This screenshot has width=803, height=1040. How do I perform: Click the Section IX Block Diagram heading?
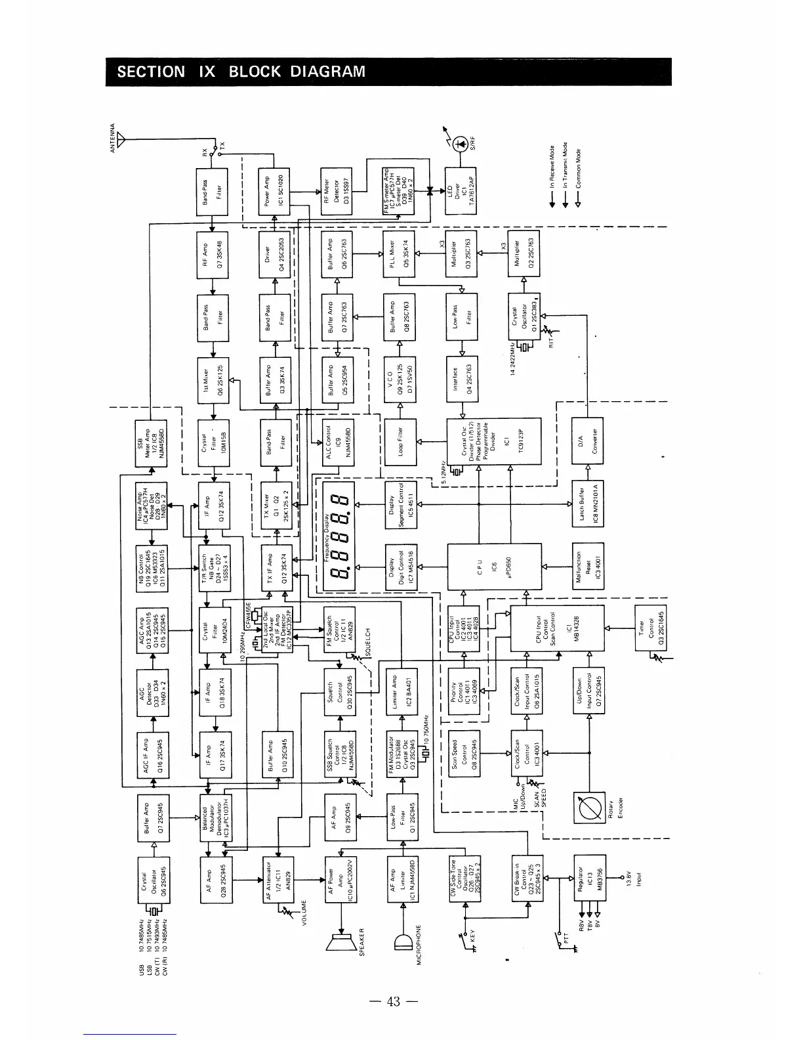241,72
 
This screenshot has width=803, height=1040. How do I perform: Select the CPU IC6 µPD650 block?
495,567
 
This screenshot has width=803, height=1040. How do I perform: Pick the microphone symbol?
402,943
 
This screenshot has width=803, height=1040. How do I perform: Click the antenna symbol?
121,140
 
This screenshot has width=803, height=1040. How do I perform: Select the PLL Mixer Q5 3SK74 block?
400,254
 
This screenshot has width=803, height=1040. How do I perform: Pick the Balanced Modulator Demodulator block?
216,816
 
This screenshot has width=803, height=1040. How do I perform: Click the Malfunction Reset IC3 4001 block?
588,567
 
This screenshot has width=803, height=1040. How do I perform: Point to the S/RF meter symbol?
461,143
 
